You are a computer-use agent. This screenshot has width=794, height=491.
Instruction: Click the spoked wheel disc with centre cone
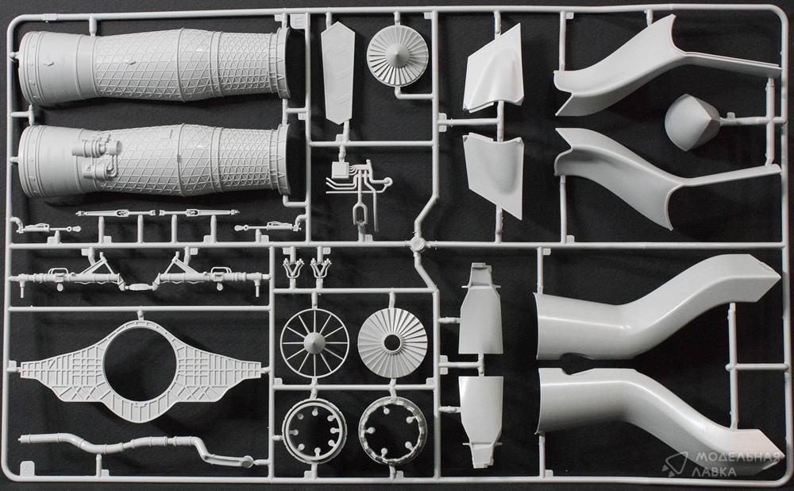314,343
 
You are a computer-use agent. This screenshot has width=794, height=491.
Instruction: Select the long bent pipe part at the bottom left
137,448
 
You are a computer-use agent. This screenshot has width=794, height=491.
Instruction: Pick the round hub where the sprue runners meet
417,244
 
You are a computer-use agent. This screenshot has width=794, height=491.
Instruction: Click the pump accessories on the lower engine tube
98,158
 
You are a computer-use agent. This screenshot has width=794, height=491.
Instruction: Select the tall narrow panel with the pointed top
337,72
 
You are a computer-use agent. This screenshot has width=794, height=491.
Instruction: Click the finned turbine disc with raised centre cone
398,56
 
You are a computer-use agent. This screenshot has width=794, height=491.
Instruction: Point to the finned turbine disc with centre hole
392,343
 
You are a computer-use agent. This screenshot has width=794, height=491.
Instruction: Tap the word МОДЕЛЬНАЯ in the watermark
738,458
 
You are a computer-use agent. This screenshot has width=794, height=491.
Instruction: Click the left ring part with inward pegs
314,431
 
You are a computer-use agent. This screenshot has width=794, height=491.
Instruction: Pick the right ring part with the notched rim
393,431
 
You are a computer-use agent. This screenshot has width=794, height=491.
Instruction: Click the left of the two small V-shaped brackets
293,268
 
